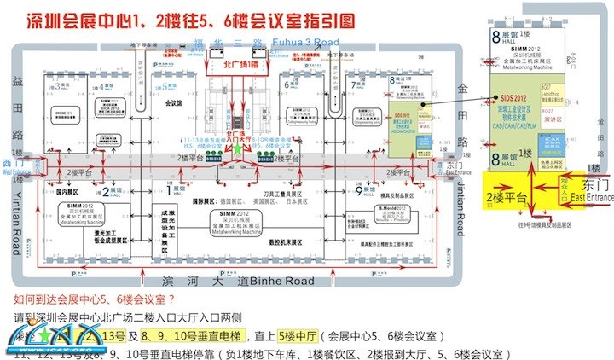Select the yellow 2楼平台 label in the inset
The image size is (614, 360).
pos(506,198)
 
